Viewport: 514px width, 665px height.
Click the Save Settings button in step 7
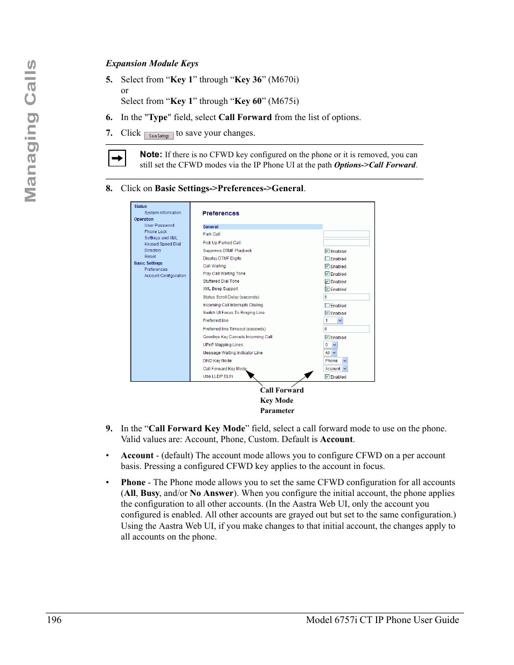(159, 136)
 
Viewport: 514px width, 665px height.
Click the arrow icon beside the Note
(117, 158)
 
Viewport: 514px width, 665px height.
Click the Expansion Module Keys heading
(152, 64)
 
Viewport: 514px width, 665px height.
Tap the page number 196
(54, 620)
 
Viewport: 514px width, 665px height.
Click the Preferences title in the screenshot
(220, 213)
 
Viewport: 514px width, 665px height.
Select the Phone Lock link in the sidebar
(156, 232)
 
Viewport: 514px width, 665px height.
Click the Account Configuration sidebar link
(165, 276)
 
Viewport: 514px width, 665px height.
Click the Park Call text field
(346, 234)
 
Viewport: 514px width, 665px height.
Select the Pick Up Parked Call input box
(346, 243)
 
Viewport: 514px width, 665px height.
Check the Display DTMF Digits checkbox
(327, 258)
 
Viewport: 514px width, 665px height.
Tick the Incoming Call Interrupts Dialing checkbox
(327, 305)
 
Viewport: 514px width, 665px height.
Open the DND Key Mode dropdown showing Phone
(336, 361)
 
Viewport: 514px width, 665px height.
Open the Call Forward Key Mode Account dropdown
(336, 369)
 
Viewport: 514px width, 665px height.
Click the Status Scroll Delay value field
(346, 297)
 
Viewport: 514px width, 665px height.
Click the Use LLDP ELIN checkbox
(327, 377)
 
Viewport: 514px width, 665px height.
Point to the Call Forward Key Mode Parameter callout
(281, 400)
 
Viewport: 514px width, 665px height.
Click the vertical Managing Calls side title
(31, 131)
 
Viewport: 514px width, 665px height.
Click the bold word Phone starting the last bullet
(133, 482)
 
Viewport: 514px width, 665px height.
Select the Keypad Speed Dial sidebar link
(162, 244)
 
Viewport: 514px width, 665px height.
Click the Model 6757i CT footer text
(382, 620)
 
